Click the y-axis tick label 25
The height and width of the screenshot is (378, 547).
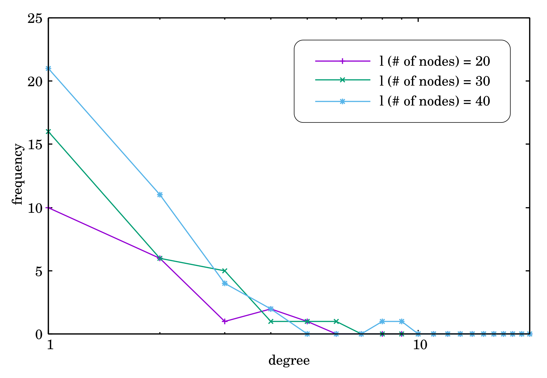point(35,18)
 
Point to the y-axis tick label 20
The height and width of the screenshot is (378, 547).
point(35,81)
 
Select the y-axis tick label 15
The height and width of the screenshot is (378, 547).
point(35,144)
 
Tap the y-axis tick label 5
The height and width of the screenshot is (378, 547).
point(39,271)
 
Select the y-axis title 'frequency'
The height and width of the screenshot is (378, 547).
point(18,174)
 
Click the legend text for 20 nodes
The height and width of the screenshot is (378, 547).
point(435,61)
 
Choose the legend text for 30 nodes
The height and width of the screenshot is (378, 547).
point(435,81)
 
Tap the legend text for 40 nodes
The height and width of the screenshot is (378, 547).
point(435,101)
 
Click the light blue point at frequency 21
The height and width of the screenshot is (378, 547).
point(48,68)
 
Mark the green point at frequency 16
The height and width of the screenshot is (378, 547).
point(48,131)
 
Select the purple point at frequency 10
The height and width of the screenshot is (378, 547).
point(48,207)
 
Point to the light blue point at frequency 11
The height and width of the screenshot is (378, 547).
point(160,195)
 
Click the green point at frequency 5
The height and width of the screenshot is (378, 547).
point(225,270)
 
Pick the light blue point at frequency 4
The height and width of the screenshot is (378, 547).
point(225,283)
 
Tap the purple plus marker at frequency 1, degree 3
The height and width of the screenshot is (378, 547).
point(225,321)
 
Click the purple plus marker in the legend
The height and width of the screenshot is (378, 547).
point(342,61)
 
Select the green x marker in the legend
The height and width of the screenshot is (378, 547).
point(342,80)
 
